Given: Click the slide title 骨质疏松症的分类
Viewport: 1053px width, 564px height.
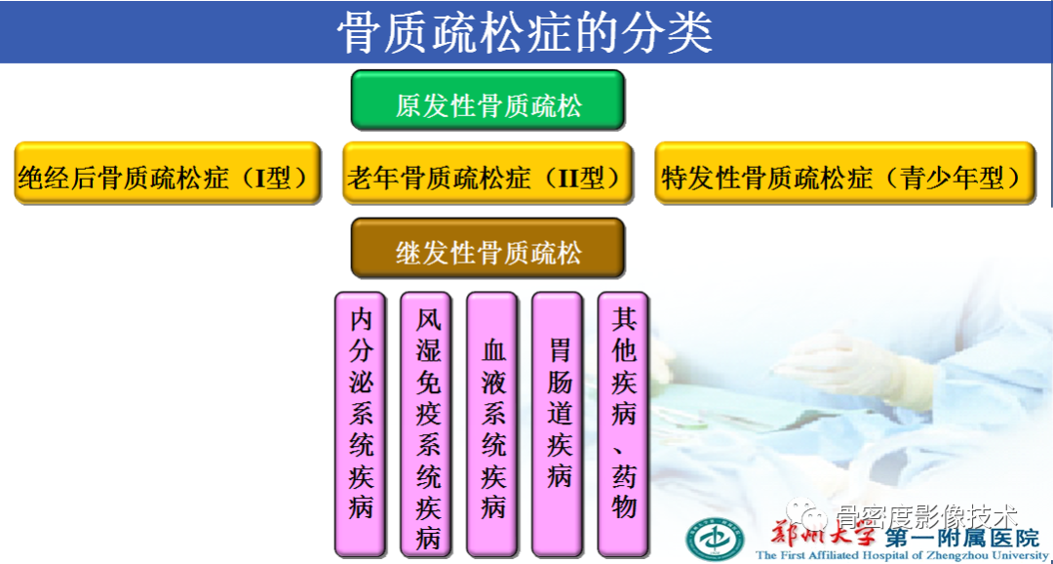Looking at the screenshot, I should [526, 32].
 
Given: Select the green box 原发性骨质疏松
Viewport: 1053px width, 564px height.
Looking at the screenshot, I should [487, 101].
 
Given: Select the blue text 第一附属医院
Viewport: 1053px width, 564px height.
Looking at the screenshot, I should [960, 538].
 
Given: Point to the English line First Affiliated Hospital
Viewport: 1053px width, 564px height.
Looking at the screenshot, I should [902, 556].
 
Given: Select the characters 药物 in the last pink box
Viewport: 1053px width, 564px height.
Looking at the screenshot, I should [624, 493].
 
